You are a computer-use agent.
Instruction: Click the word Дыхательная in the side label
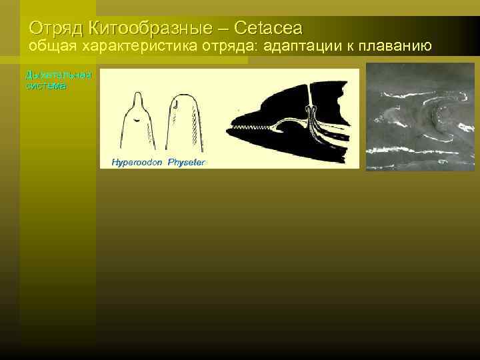point(58,75)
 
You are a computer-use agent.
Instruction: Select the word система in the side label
point(45,86)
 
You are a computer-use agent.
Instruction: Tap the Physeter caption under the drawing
point(187,162)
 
